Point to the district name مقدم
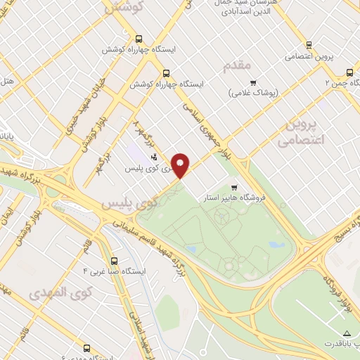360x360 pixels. point(236,65)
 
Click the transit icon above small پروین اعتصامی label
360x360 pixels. point(308,44)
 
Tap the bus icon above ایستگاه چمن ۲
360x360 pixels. point(349,72)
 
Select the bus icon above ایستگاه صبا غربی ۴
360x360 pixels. point(115,259)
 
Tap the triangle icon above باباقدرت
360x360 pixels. point(345,332)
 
